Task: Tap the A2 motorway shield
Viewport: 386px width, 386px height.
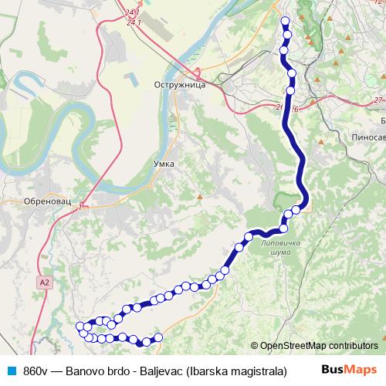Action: click(45, 283)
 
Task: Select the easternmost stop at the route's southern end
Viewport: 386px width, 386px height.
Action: click(159, 337)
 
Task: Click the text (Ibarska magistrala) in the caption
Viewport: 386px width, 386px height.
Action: click(236, 370)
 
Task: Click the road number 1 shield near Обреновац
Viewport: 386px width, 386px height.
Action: click(80, 205)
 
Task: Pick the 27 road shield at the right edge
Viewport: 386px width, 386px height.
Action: click(378, 100)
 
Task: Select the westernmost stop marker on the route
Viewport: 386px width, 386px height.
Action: click(80, 327)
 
